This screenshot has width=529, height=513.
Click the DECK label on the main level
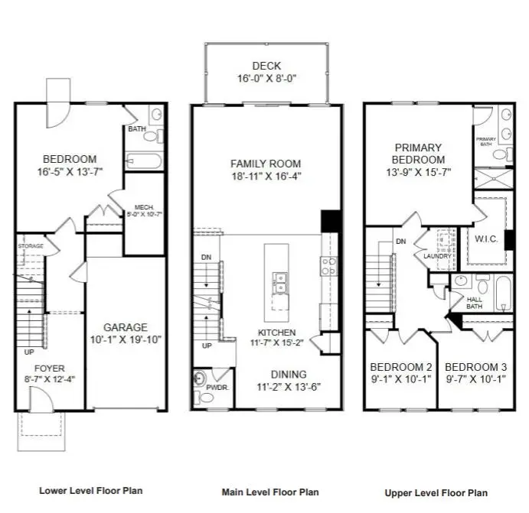click(266, 66)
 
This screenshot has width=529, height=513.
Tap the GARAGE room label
click(126, 327)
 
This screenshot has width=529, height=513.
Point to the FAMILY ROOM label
click(266, 164)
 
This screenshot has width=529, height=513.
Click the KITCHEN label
click(276, 333)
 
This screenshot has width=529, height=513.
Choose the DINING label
click(288, 374)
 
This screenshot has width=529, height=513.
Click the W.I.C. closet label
click(486, 239)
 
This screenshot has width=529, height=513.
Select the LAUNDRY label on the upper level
click(437, 256)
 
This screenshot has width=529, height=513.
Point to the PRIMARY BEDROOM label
click(418, 154)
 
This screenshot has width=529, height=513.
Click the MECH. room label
click(145, 207)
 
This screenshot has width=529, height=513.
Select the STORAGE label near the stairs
click(31, 246)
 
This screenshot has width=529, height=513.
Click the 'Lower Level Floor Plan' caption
click(90, 491)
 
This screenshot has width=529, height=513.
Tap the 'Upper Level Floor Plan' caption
click(436, 493)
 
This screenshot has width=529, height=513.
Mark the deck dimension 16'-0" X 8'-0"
click(266, 78)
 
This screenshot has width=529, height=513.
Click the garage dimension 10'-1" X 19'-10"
click(126, 339)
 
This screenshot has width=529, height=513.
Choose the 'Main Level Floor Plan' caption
click(269, 492)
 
